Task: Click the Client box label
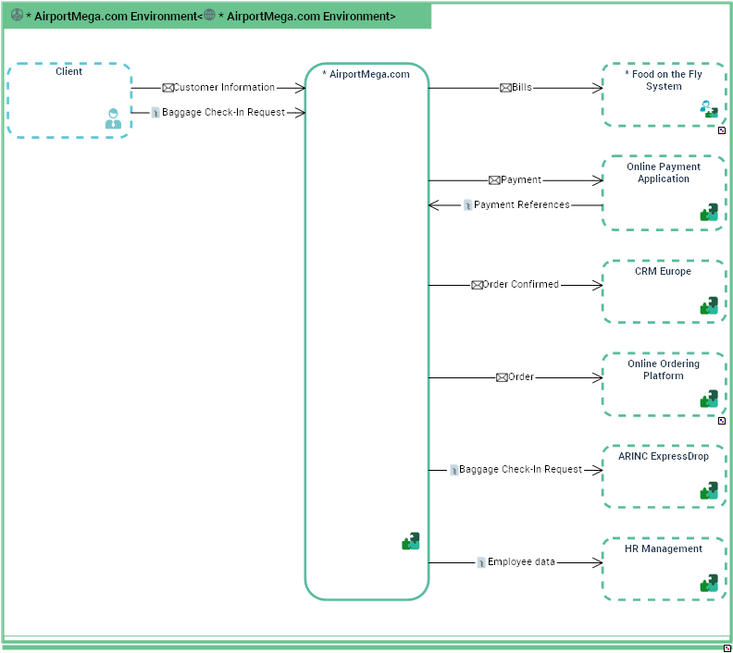coord(68,72)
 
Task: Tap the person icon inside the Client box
coord(113,118)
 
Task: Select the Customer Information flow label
coord(224,88)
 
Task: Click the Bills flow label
coord(522,88)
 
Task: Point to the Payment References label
coord(522,205)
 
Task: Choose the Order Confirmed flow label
coord(520,285)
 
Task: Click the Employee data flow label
coord(521,561)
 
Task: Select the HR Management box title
coord(664,548)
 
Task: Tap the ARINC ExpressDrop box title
coord(664,456)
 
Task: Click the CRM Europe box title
coord(664,272)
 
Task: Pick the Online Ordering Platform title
coord(664,370)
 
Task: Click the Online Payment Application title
coord(664,173)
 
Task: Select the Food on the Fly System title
coord(664,80)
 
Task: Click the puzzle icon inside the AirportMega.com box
coord(411,541)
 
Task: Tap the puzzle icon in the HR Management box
coord(709,583)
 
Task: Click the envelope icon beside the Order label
coord(502,377)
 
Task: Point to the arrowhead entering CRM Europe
coord(597,285)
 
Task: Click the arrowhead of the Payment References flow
coord(433,205)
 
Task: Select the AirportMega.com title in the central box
coord(366,75)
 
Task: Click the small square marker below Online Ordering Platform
coord(722,421)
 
